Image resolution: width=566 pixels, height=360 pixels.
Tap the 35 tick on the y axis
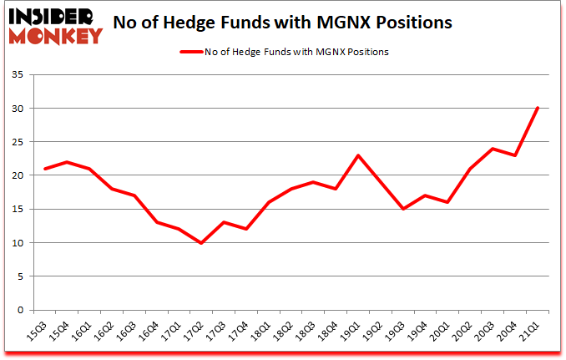21,75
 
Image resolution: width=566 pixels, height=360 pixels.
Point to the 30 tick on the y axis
21,109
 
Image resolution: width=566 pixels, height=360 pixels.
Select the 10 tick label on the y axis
21,243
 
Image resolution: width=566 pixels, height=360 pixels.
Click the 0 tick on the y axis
23,310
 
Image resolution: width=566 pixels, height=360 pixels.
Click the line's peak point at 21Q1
537,108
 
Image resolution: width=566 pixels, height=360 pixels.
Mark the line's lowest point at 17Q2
200,243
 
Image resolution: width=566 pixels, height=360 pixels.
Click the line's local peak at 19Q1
357,155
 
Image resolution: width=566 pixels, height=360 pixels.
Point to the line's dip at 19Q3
402,209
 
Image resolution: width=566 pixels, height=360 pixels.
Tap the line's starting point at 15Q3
44,169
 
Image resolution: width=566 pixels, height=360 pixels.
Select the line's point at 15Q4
67,162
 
